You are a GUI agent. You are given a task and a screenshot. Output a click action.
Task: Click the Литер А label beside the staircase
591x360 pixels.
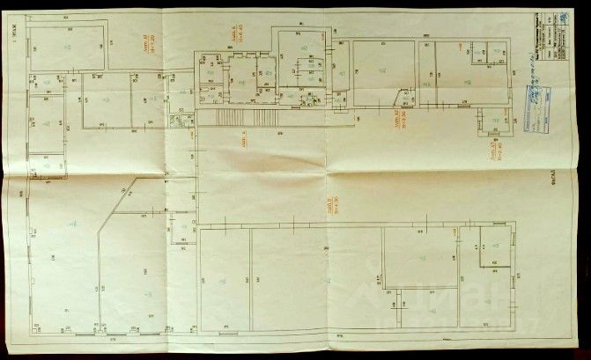click(240, 139)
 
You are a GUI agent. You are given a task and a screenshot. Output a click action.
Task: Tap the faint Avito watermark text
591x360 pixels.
click(458, 308)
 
